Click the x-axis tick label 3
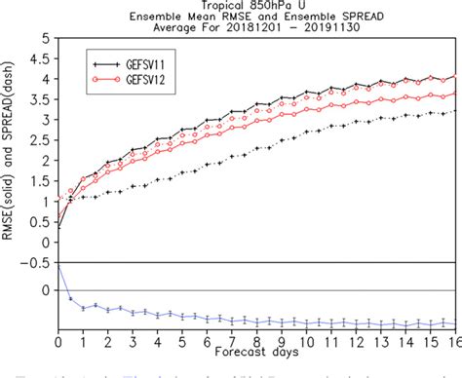132,340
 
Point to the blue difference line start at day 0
58,263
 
